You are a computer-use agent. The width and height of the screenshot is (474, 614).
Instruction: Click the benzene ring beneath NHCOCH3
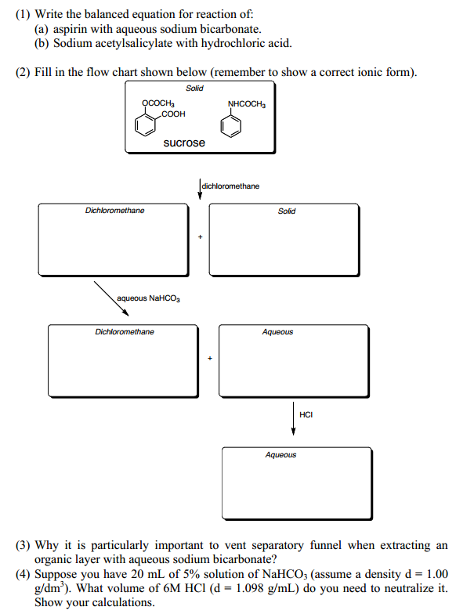232,125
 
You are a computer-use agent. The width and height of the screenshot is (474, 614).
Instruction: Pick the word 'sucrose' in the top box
184,143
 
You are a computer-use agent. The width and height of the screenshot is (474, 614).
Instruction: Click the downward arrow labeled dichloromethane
200,189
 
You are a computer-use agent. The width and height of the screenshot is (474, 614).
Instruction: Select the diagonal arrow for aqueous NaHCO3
111,298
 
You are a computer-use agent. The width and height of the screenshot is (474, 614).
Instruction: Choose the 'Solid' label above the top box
194,88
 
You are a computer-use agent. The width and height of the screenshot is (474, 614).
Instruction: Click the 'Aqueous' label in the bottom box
280,455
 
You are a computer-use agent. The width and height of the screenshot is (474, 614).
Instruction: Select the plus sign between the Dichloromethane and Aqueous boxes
209,359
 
